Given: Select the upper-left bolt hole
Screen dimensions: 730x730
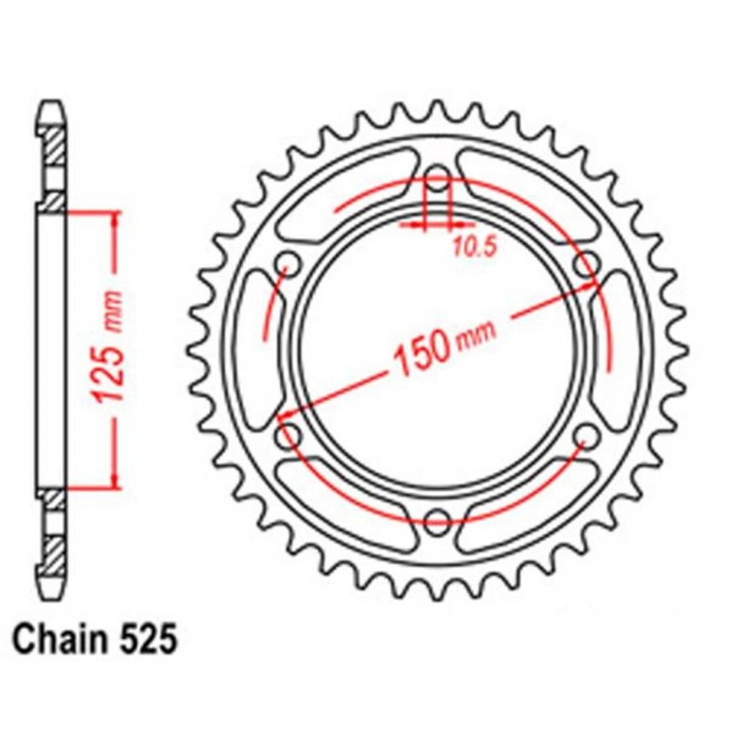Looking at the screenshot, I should [289, 263].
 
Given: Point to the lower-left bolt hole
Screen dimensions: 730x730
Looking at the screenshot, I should [289, 434].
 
